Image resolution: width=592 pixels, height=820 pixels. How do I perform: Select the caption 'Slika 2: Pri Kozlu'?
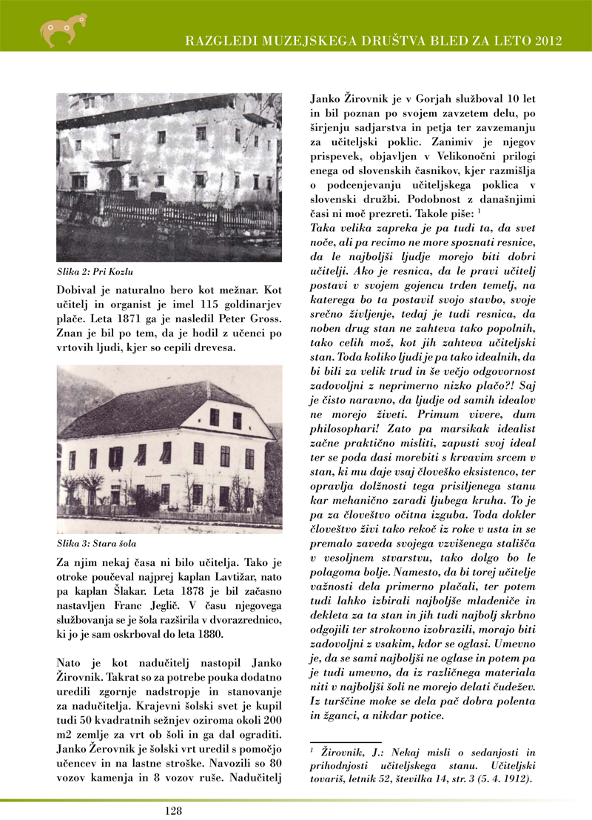tap(91, 271)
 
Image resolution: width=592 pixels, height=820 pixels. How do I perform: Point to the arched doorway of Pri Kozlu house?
tap(115, 179)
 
